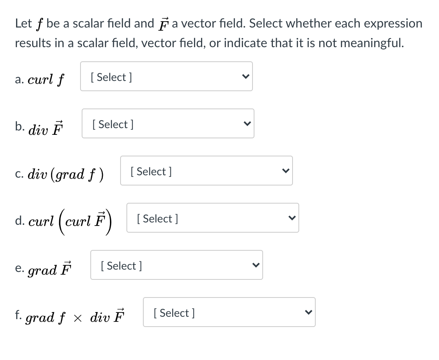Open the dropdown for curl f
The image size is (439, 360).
pos(166,76)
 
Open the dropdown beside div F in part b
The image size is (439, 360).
pos(168,123)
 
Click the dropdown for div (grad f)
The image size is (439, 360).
pos(206,171)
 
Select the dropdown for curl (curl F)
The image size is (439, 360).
pos(212,218)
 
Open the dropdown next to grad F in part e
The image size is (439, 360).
pos(176,265)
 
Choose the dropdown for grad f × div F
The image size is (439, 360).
pos(229,312)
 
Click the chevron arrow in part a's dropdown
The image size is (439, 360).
pos(245,77)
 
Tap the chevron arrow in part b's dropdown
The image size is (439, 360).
pos(246,124)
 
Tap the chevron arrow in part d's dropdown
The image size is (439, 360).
pos(291,218)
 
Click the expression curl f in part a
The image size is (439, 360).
pos(46,79)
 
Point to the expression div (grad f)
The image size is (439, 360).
pos(67,173)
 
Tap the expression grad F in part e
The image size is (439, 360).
pos(49,269)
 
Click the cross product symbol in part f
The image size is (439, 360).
pos(79,317)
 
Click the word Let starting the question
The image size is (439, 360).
pos(23,24)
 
